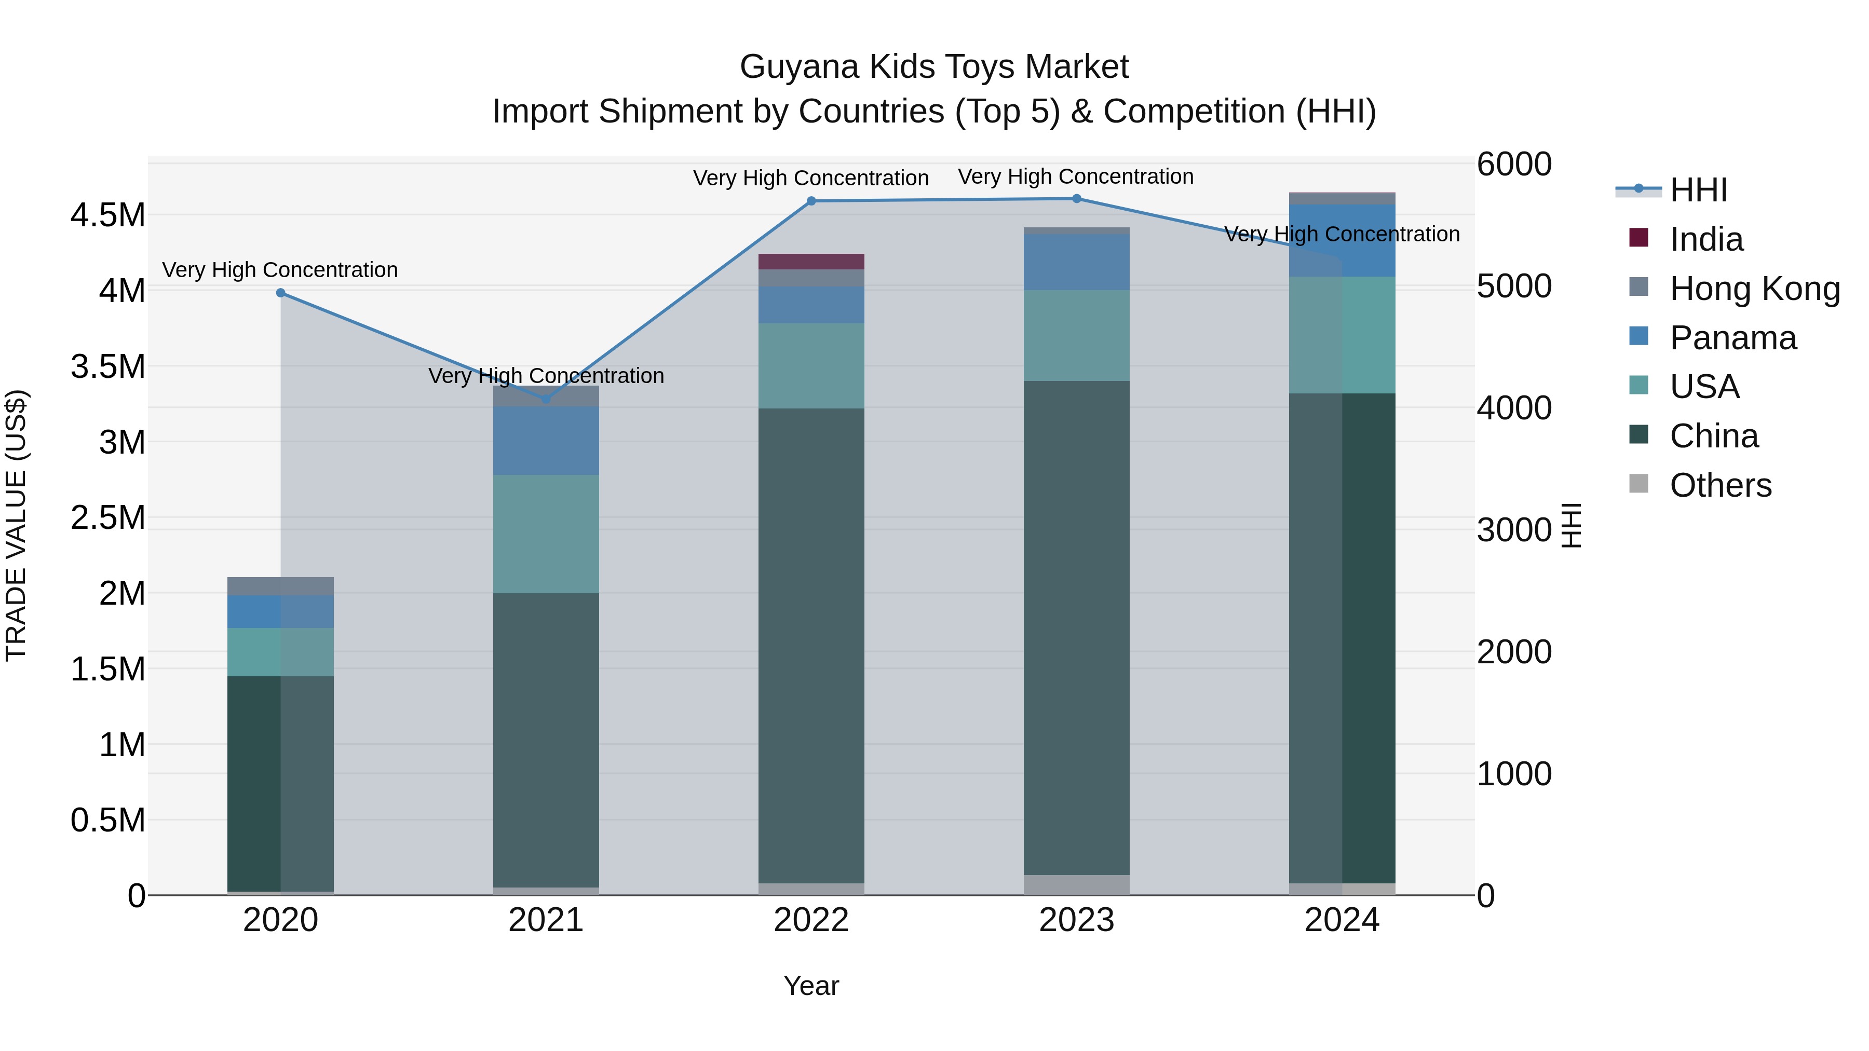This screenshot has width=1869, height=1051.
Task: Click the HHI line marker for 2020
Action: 281,293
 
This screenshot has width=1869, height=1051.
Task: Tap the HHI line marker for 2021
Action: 546,399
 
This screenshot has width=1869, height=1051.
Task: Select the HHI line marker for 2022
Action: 811,201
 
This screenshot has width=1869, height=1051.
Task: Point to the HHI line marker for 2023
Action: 1077,199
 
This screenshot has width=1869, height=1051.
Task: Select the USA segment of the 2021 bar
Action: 546,534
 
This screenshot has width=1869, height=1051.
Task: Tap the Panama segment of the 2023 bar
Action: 1077,262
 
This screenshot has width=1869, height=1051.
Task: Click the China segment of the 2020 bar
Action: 281,783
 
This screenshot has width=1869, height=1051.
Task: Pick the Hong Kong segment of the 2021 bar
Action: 546,396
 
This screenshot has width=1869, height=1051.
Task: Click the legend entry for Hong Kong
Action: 1754,289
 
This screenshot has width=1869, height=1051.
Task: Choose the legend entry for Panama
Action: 1732,338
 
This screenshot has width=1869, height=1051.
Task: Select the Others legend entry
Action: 1719,485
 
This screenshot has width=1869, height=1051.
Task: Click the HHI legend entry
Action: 1698,190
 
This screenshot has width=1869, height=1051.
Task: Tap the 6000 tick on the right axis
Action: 1514,164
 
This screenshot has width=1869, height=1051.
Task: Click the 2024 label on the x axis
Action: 1342,920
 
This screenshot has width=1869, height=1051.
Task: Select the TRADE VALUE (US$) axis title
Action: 16,525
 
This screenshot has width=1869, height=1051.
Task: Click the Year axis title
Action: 811,986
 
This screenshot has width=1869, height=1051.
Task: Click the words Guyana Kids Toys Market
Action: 934,67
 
